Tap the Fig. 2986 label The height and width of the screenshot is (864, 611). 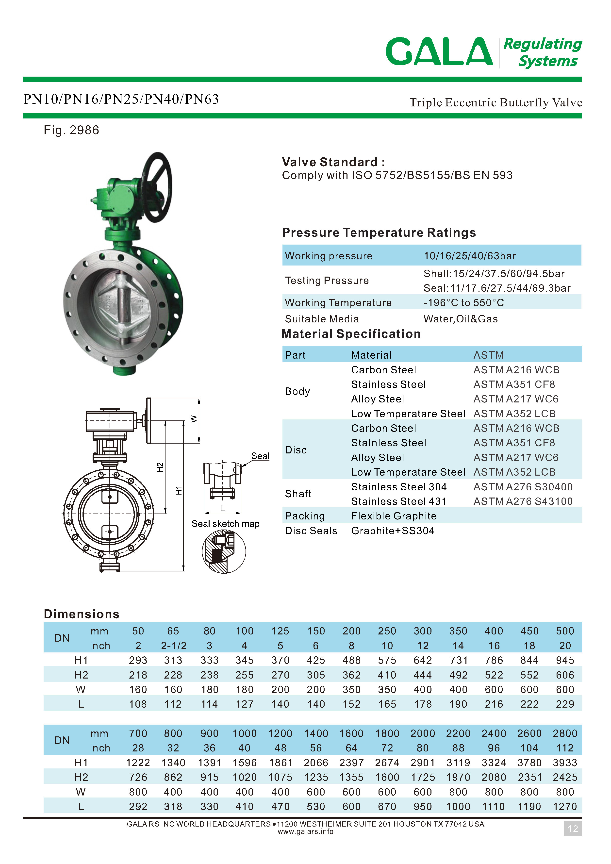[x=71, y=130]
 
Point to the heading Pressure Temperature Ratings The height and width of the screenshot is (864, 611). [x=379, y=233]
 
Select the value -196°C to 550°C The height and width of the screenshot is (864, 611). [x=463, y=302]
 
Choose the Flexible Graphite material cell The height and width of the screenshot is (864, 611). [x=394, y=516]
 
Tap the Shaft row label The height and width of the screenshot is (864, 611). [x=298, y=494]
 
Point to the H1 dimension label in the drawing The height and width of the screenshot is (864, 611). [x=179, y=490]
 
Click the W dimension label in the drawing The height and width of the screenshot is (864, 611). [x=194, y=419]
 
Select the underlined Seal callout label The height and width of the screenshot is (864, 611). [x=260, y=456]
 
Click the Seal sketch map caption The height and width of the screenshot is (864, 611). [x=225, y=524]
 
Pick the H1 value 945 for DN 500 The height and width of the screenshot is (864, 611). [x=565, y=660]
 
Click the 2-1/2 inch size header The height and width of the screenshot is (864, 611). [x=173, y=646]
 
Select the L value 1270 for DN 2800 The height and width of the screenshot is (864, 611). [x=565, y=806]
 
